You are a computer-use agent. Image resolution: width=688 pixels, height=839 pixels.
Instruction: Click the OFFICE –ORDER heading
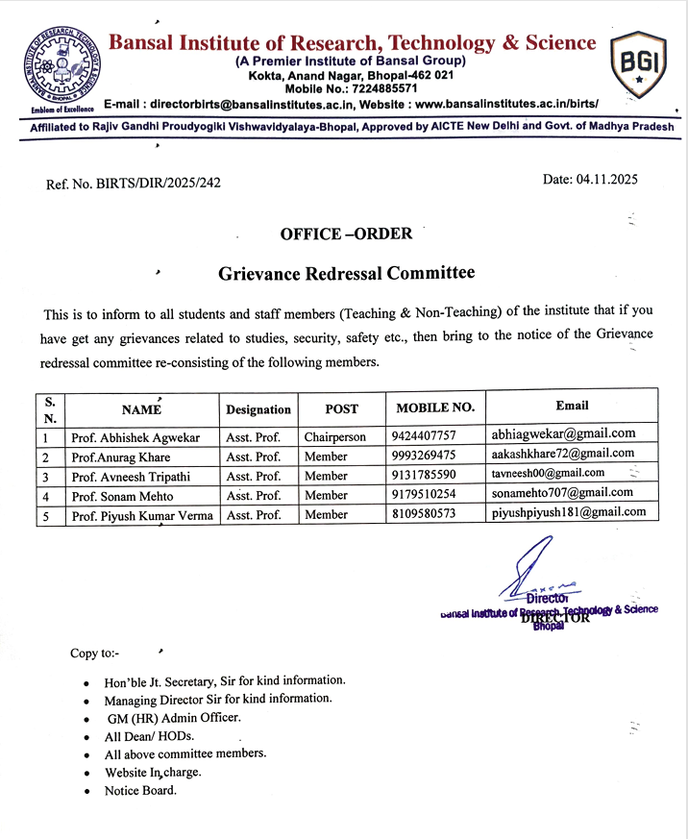346,234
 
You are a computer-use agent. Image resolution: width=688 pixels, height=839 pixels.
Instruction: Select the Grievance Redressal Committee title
346,274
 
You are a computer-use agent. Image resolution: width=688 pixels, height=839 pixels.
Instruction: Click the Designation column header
258,409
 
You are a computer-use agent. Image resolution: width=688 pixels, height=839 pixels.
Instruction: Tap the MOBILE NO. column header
435,407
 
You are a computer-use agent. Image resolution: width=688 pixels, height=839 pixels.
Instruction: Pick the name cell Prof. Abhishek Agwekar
135,437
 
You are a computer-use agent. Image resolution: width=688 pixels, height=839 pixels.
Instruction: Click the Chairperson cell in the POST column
335,436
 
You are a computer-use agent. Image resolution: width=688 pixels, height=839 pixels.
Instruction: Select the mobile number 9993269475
424,456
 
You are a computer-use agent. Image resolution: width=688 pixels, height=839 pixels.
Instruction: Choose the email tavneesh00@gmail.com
549,473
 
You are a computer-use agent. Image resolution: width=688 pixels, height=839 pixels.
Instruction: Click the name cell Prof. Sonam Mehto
124,495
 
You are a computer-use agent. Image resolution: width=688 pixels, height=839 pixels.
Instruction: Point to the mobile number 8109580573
424,514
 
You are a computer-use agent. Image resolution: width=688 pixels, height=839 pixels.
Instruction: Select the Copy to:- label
97,654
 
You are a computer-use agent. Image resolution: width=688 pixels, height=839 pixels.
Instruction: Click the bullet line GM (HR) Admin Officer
174,718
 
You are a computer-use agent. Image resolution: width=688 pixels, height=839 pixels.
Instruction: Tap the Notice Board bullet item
140,791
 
